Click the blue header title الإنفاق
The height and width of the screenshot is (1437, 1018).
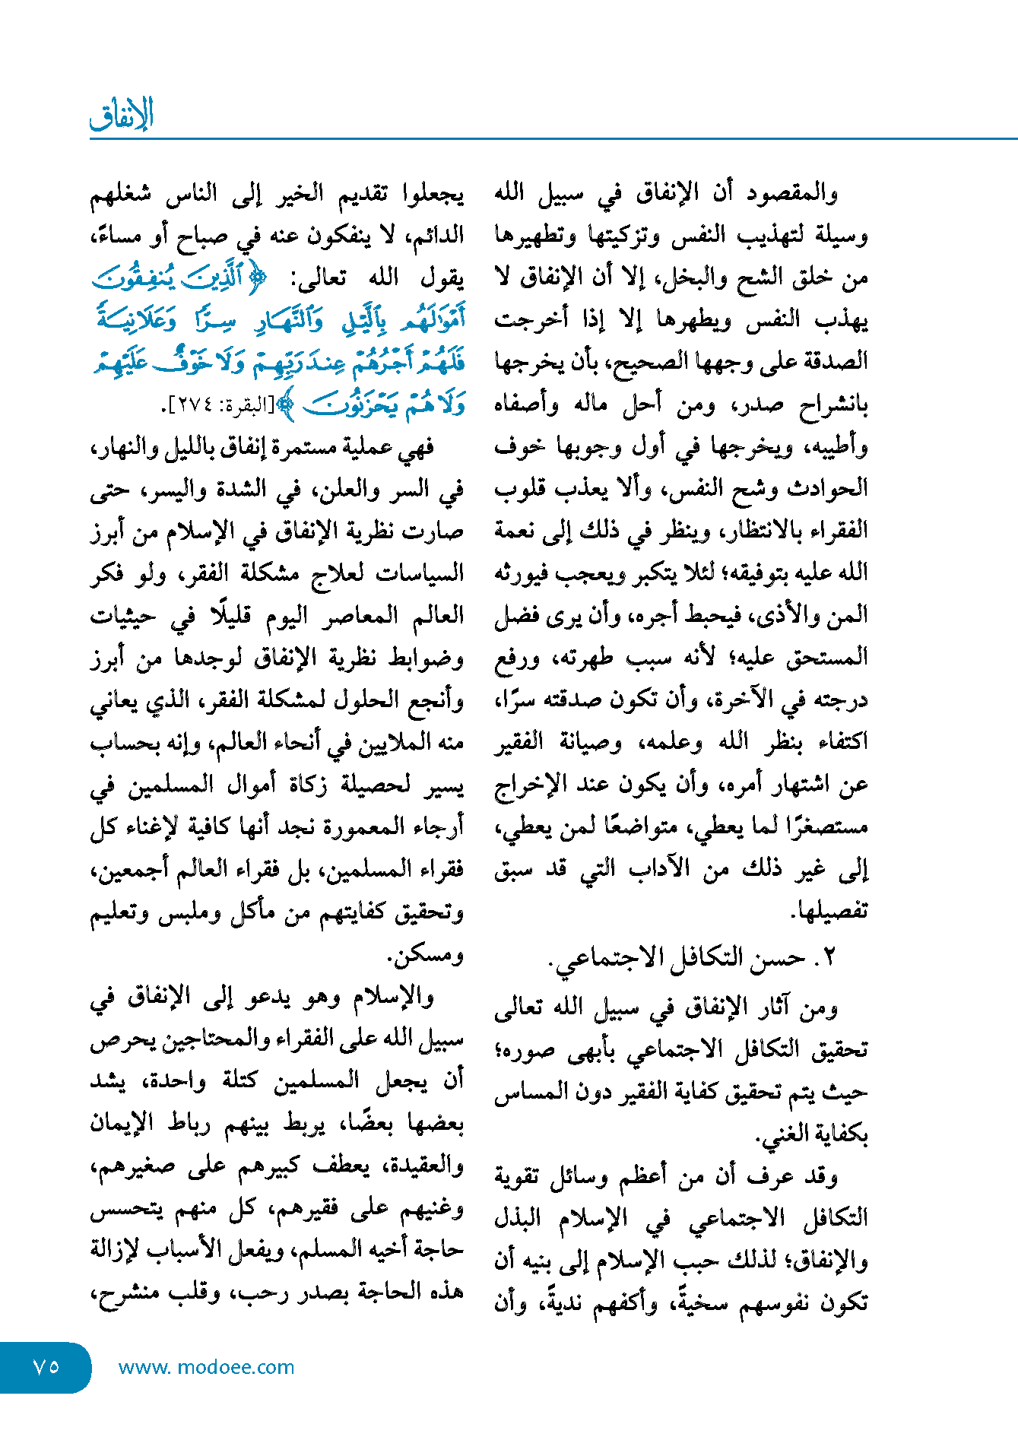click(122, 115)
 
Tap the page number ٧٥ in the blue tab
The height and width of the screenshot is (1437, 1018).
click(46, 1366)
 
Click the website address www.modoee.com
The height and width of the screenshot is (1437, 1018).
click(206, 1367)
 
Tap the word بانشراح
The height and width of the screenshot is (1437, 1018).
click(832, 404)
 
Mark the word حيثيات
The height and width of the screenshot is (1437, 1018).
click(122, 616)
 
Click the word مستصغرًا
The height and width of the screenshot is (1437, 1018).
click(826, 826)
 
